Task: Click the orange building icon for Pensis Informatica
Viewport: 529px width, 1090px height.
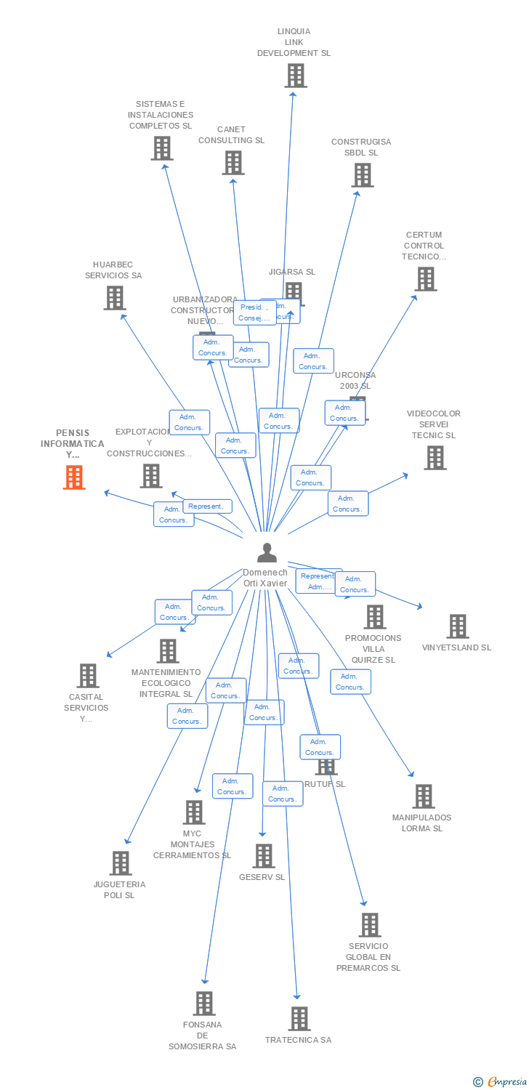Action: (73, 477)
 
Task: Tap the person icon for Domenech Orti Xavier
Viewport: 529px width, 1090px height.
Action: (267, 553)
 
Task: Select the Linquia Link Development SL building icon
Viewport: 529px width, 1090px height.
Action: (295, 76)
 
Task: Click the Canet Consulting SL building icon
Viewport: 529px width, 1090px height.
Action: (233, 163)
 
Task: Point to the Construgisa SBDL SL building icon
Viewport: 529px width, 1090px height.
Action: (362, 175)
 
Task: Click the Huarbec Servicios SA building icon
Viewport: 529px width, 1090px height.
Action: (114, 298)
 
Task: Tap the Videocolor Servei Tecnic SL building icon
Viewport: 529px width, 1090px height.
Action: (435, 458)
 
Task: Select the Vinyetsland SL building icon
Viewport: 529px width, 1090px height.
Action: (457, 626)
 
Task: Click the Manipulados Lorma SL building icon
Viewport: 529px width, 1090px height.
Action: (423, 796)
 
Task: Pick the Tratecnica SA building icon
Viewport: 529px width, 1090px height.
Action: (299, 1019)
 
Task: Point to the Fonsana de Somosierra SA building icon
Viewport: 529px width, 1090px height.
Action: (204, 1004)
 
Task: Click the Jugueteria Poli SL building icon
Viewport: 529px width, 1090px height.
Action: (120, 863)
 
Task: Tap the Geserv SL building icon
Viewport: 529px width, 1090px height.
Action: (263, 856)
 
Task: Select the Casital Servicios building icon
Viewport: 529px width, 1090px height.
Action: (87, 676)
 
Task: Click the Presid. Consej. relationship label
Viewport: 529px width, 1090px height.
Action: (254, 312)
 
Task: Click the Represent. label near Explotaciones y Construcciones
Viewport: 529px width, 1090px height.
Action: (208, 506)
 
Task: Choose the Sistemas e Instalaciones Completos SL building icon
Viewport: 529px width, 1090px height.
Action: (161, 148)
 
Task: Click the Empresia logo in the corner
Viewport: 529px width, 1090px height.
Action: (501, 1082)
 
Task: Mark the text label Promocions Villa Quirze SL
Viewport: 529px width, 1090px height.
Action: (373, 649)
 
